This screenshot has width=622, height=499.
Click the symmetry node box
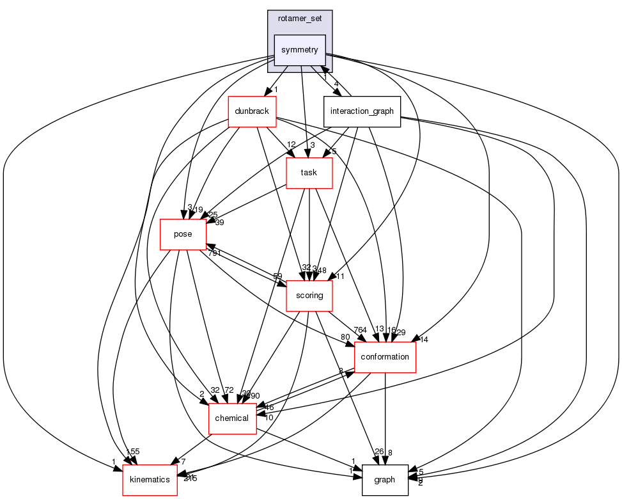pyautogui.click(x=300, y=50)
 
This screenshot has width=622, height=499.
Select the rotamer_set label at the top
pyautogui.click(x=300, y=19)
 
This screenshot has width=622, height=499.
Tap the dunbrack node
pyautogui.click(x=252, y=111)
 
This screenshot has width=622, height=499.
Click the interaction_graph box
pyautogui.click(x=362, y=111)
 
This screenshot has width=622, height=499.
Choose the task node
pyautogui.click(x=309, y=173)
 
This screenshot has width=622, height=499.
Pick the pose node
pyautogui.click(x=183, y=234)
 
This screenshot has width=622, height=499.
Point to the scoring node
pyautogui.click(x=309, y=296)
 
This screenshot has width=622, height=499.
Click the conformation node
pyautogui.click(x=385, y=357)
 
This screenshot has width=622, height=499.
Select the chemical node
pyautogui.click(x=232, y=418)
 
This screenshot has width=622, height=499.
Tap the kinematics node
pyautogui.click(x=150, y=480)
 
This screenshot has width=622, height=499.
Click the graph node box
pyautogui.click(x=385, y=480)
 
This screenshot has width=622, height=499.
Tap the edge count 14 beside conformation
pyautogui.click(x=423, y=339)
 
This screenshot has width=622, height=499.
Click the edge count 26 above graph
pyautogui.click(x=379, y=452)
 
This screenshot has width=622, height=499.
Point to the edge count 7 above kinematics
pyautogui.click(x=183, y=462)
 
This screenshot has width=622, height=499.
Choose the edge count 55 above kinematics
pyautogui.click(x=135, y=452)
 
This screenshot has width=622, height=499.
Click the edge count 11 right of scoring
pyautogui.click(x=341, y=277)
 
